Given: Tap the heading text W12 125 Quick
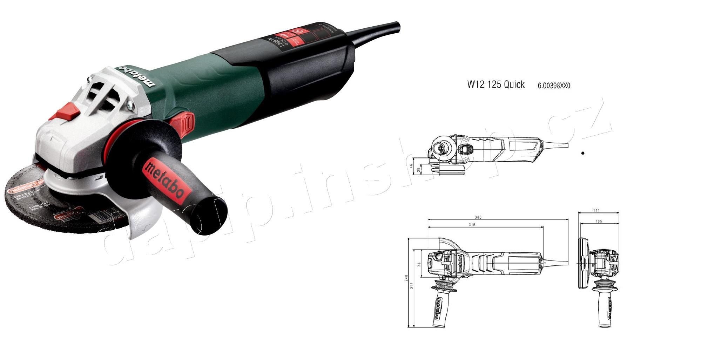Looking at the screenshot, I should pyautogui.click(x=496, y=84).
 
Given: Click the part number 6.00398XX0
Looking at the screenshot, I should pyautogui.click(x=554, y=86).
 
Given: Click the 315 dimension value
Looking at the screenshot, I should pyautogui.click(x=472, y=225).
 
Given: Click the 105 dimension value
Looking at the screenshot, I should pyautogui.click(x=599, y=221).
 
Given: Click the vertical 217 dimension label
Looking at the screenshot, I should pyautogui.click(x=412, y=285).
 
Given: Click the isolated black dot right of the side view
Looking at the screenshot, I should pyautogui.click(x=583, y=153).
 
